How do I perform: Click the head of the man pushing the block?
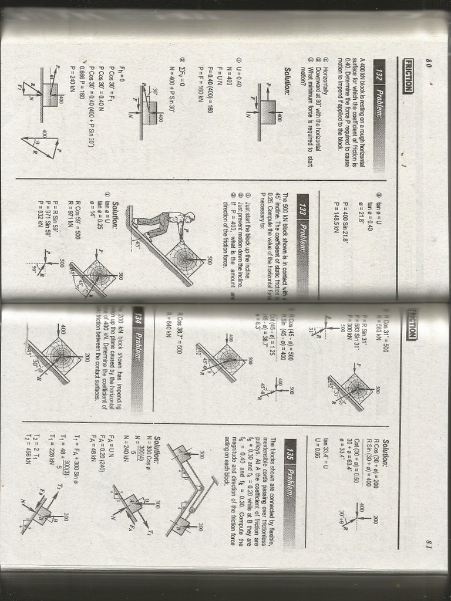[189, 217]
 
